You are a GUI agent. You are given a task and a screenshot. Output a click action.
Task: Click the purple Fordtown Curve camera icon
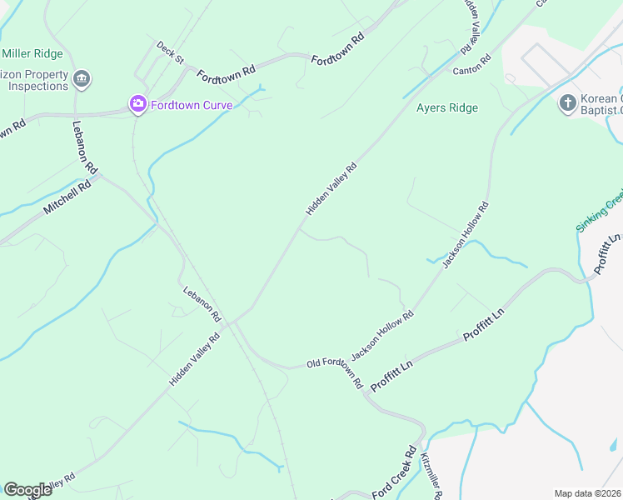137,103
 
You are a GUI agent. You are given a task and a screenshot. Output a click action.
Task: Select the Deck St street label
170,52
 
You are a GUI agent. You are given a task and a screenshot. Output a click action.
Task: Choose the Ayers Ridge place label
447,107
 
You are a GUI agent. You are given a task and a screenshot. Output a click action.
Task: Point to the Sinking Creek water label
600,212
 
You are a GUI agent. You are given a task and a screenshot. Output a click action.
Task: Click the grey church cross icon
567,102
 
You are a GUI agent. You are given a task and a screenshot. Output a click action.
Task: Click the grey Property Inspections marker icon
82,80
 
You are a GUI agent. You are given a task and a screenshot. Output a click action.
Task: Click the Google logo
27,489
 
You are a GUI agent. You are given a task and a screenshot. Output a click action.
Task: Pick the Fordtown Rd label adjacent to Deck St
226,74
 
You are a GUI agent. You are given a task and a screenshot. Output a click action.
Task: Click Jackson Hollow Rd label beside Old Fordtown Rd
383,336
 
